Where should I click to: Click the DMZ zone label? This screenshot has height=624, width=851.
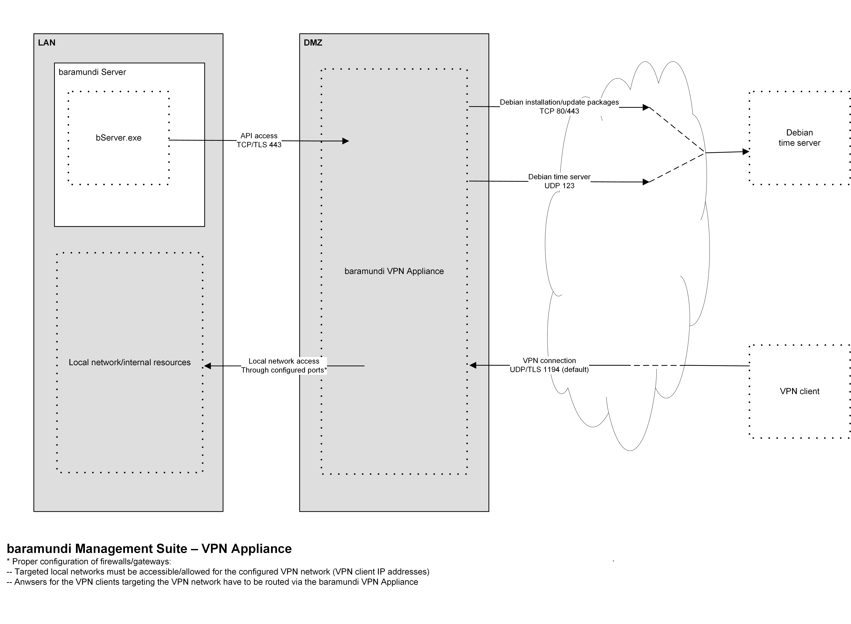pyautogui.click(x=313, y=43)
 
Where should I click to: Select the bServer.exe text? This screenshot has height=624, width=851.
pyautogui.click(x=118, y=138)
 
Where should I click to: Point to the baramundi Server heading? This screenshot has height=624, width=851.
pyautogui.click(x=92, y=72)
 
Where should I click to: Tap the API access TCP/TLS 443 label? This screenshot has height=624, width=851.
pyautogui.click(x=259, y=140)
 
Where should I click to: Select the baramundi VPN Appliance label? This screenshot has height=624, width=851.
pyautogui.click(x=394, y=271)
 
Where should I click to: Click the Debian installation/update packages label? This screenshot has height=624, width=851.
pyautogui.click(x=559, y=102)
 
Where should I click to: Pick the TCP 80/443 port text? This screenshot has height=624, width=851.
pyautogui.click(x=559, y=111)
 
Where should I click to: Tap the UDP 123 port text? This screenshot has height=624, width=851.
pyautogui.click(x=559, y=186)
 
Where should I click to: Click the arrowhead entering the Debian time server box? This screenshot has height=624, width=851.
pyautogui.click(x=746, y=152)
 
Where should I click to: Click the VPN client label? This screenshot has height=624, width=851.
pyautogui.click(x=799, y=391)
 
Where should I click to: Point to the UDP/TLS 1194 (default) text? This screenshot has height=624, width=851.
pyautogui.click(x=549, y=370)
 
